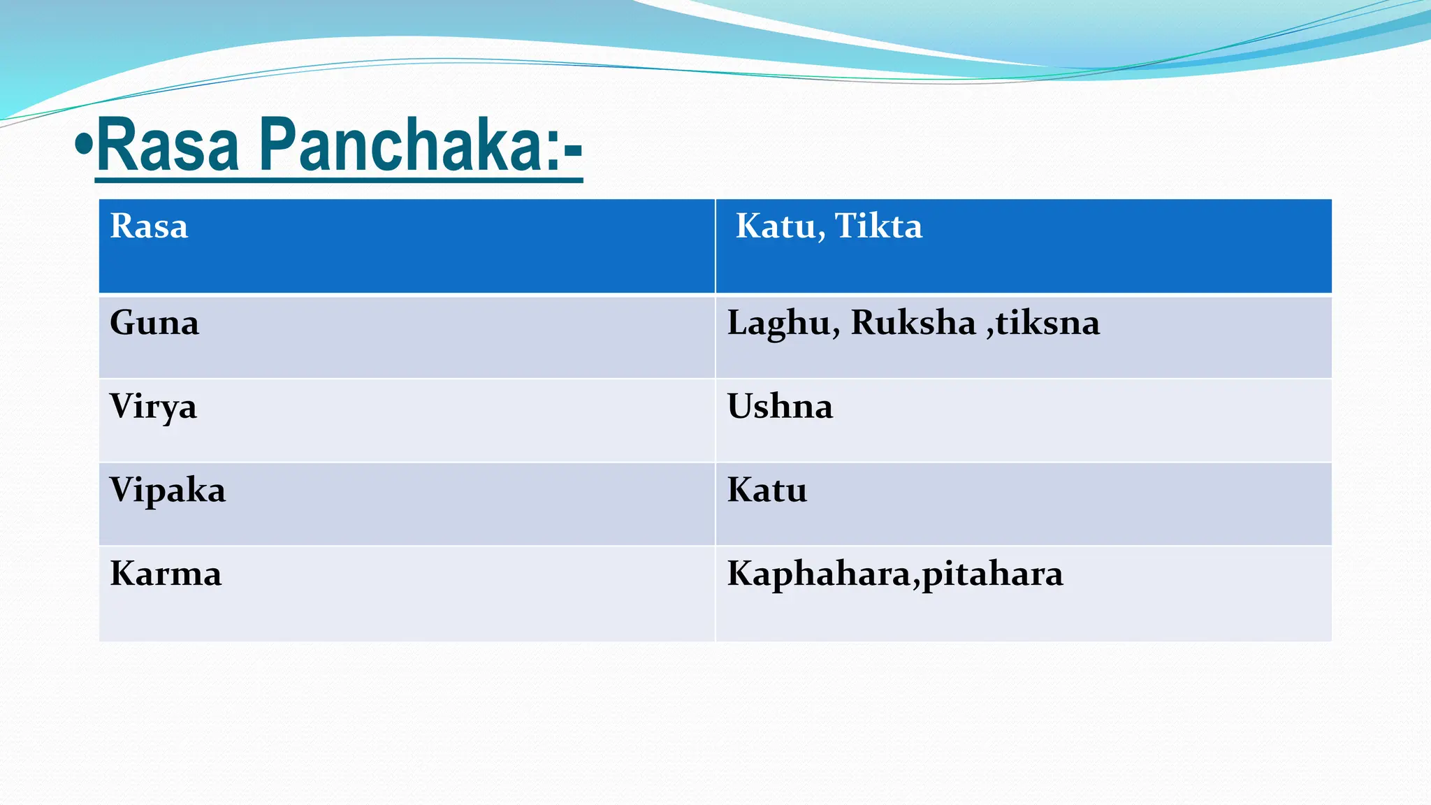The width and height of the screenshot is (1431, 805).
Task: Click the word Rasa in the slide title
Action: pyautogui.click(x=168, y=145)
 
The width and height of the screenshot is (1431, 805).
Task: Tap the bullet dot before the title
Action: pyautogui.click(x=84, y=145)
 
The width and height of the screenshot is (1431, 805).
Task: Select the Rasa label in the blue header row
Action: pyautogui.click(x=149, y=226)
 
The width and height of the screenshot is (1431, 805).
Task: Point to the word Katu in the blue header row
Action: pyautogui.click(x=774, y=226)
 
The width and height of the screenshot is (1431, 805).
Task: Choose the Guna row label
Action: pyautogui.click(x=154, y=324)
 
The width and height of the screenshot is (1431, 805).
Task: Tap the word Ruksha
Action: pyautogui.click(x=913, y=323)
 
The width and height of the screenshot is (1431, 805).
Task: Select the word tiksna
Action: pyautogui.click(x=1047, y=323)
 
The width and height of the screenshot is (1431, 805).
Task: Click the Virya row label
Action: pyautogui.click(x=153, y=407)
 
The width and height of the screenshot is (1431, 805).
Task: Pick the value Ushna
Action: pyautogui.click(x=780, y=407)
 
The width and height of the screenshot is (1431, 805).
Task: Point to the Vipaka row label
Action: pyautogui.click(x=168, y=491)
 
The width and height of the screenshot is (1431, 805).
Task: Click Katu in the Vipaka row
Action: pyautogui.click(x=767, y=491)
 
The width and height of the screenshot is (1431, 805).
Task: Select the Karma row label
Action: pyautogui.click(x=166, y=574)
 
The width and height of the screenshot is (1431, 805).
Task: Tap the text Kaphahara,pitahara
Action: pyautogui.click(x=895, y=574)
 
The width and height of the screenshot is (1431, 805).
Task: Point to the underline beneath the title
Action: pyautogui.click(x=339, y=180)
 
